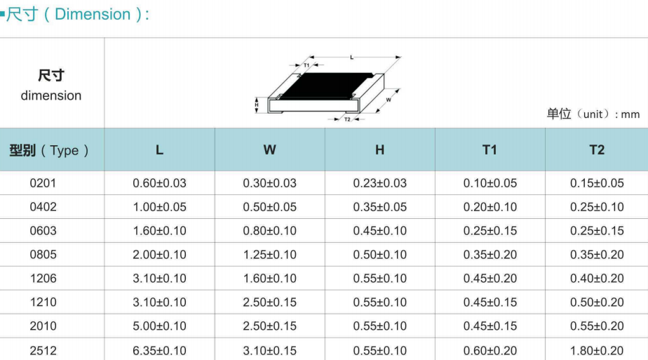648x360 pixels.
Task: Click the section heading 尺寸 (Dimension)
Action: (x=77, y=15)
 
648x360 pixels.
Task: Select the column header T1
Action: (x=490, y=149)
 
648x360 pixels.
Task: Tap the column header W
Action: (x=269, y=149)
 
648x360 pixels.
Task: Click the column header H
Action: (x=380, y=149)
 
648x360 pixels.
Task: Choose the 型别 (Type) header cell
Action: (x=49, y=150)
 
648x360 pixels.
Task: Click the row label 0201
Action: (x=43, y=183)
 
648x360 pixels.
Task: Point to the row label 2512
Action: (x=43, y=351)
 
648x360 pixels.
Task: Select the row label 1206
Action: (x=43, y=279)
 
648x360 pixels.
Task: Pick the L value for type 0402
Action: (x=159, y=207)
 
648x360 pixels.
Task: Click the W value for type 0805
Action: (x=269, y=255)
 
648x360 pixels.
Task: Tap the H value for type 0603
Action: (x=380, y=231)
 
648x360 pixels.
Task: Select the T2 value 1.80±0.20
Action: (x=597, y=351)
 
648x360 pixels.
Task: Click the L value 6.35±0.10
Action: (x=159, y=351)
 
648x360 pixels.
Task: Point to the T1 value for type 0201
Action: (x=490, y=183)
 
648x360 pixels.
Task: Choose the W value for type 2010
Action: (x=269, y=326)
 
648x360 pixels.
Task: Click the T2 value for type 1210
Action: (x=597, y=302)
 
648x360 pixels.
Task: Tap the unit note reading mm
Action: (x=630, y=114)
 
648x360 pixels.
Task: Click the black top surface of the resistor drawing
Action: (x=327, y=86)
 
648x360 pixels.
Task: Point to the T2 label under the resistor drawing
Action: (x=347, y=119)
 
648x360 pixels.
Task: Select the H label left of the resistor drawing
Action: (x=257, y=105)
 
